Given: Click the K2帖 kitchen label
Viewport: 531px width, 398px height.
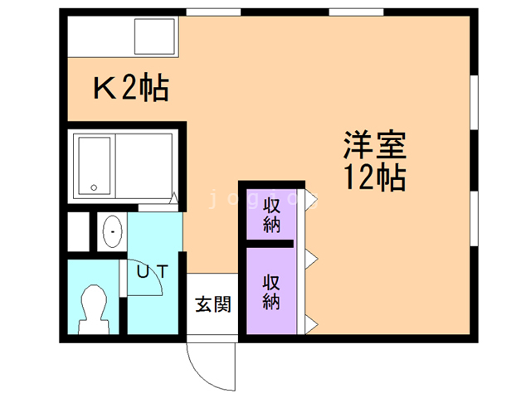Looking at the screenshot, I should point(130,87).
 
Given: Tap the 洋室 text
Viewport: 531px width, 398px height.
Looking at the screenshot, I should point(374,147).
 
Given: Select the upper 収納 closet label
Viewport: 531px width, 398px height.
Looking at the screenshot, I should point(271,214).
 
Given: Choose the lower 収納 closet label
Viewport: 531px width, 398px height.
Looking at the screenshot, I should point(271,290).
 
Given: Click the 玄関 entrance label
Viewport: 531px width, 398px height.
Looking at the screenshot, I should point(212,304).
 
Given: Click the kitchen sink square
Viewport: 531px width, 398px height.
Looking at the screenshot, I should point(155,36).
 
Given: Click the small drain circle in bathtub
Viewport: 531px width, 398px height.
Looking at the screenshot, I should point(94,187).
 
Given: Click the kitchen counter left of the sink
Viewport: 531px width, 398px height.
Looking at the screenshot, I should point(100,36).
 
